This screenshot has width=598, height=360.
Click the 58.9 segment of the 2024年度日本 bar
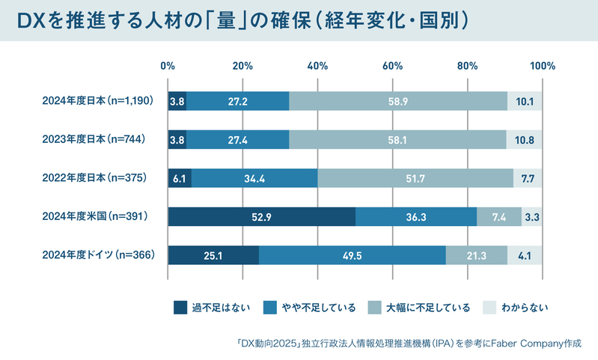(398, 101)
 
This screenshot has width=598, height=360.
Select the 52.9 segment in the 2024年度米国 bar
(262, 216)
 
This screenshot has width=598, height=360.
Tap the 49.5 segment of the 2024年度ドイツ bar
(353, 255)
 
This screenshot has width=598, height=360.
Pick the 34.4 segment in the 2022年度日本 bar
(254, 178)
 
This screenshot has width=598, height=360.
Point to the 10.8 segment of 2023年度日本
(525, 139)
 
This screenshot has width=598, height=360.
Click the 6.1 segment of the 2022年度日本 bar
(180, 178)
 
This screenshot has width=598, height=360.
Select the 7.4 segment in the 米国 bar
(499, 216)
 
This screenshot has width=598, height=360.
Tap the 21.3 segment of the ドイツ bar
(477, 255)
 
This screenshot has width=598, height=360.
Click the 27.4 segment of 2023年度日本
(238, 139)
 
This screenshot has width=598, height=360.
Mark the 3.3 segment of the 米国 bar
(532, 216)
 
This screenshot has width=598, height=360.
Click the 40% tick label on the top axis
(317, 66)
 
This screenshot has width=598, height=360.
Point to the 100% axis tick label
(543, 66)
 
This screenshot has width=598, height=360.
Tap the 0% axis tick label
(168, 66)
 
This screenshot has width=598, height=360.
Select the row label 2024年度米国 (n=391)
(95, 216)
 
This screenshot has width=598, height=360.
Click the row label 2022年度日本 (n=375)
(94, 177)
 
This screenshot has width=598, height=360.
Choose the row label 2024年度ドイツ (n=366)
(99, 254)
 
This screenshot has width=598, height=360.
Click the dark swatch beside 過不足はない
(180, 308)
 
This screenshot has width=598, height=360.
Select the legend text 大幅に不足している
(428, 308)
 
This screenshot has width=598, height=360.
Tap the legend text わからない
(525, 308)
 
